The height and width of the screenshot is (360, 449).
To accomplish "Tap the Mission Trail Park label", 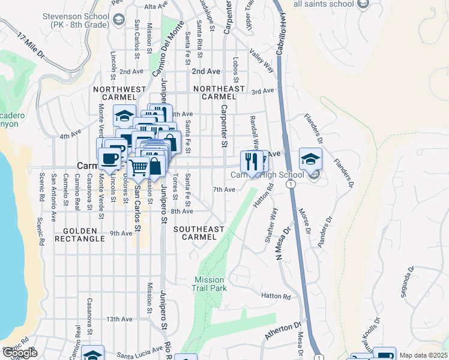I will [x=209, y=284].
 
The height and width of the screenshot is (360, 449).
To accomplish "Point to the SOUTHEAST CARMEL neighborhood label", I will [x=199, y=233].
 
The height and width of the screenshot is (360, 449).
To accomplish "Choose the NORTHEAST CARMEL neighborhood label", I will [x=219, y=92].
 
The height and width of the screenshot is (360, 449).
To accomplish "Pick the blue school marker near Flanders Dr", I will [x=310, y=158].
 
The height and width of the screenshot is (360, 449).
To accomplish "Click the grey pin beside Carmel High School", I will [x=313, y=175].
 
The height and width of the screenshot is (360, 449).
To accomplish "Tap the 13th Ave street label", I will [x=119, y=319].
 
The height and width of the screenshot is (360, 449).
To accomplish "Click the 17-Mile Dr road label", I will [x=31, y=45].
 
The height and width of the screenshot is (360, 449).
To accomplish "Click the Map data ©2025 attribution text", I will [x=423, y=355].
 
